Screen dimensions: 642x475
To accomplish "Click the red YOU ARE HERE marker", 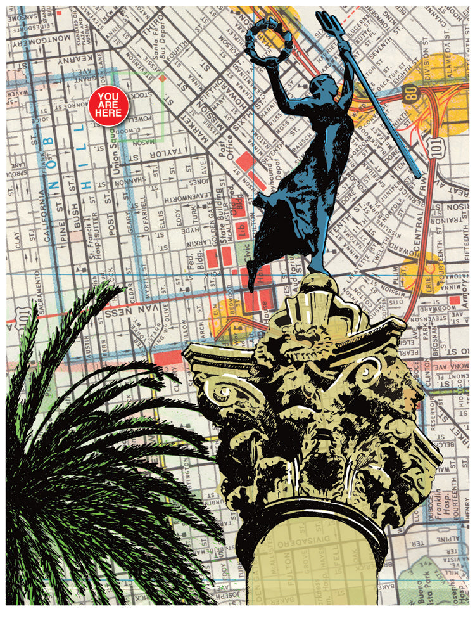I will [x=109, y=106].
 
